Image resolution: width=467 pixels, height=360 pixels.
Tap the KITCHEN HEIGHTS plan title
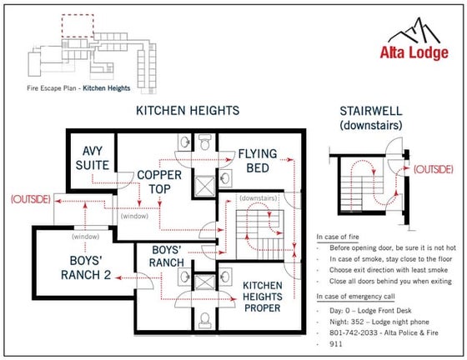click(188, 110)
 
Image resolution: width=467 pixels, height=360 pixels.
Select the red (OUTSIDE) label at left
click(30, 199)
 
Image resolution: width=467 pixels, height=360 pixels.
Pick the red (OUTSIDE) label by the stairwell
click(433, 168)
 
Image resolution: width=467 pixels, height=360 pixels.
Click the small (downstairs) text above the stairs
click(259, 200)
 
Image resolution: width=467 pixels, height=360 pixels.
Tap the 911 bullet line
click(336, 342)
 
